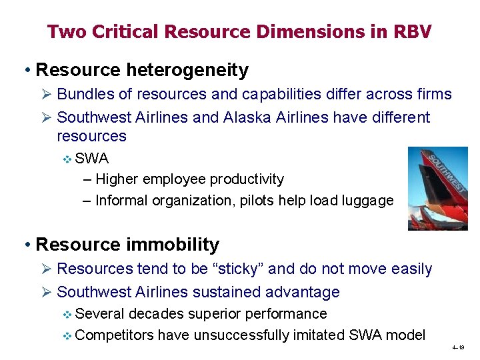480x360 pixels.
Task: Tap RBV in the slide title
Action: point(411,31)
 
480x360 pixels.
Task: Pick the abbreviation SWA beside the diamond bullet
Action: point(92,159)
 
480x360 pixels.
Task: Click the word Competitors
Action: point(115,335)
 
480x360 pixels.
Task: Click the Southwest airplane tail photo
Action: point(437,189)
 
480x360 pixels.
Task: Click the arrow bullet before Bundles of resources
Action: point(46,95)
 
